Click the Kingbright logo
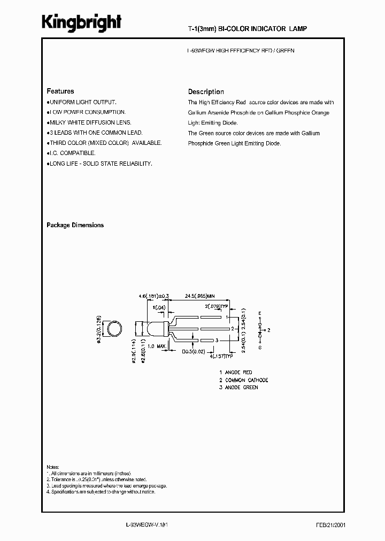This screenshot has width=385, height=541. [x=82, y=22]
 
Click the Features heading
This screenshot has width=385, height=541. [x=60, y=91]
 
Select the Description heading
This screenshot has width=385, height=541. [x=206, y=92]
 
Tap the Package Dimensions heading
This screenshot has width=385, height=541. [x=75, y=226]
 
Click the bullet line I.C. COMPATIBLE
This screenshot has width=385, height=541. [x=72, y=153]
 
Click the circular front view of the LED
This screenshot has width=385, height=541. [x=113, y=329]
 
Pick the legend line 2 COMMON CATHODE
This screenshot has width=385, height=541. [x=243, y=380]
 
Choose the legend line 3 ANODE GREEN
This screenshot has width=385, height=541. [x=238, y=388]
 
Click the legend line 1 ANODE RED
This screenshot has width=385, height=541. [x=236, y=373]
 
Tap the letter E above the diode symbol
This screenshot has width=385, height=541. [x=259, y=313]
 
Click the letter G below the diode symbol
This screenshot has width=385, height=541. [x=259, y=347]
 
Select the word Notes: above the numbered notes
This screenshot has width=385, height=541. [x=53, y=466]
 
